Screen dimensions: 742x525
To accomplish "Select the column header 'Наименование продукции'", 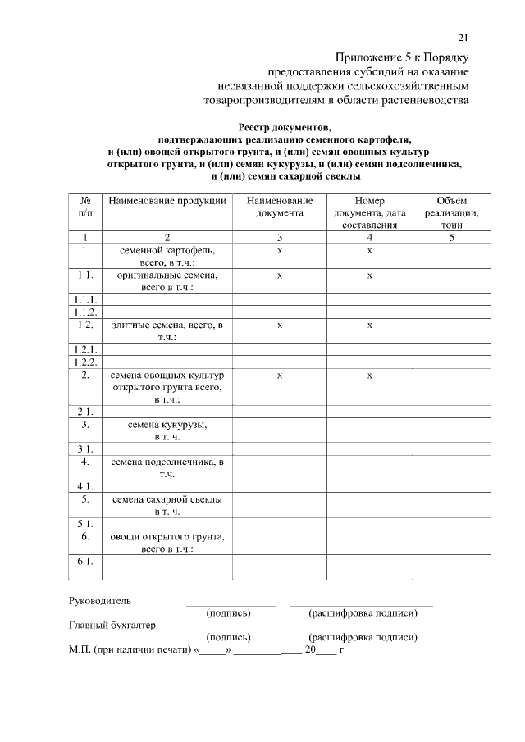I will (x=167, y=201).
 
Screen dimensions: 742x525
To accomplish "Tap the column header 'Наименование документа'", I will (x=279, y=207).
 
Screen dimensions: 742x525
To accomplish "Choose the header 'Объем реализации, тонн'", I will (x=452, y=212).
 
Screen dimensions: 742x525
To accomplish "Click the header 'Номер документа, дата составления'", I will (x=369, y=212).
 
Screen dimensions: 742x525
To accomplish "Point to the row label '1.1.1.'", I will (x=85, y=299).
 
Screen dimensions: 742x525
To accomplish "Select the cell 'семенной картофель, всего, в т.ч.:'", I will (x=167, y=255).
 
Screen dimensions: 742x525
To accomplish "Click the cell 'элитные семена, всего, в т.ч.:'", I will (x=167, y=330).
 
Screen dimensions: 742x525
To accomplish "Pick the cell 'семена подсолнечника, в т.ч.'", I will (x=167, y=468).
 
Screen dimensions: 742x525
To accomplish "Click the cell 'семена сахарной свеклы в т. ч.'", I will (x=167, y=505).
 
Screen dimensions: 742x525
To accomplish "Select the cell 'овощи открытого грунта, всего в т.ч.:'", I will (x=167, y=543).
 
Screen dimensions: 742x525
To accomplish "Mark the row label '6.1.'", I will (x=85, y=562).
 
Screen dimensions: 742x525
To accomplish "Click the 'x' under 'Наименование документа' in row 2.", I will (x=279, y=375).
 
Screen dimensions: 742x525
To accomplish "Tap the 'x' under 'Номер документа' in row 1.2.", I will (x=369, y=325).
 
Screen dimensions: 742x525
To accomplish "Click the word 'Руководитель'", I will (x=99, y=601).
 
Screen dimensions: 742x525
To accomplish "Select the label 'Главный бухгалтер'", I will (x=111, y=626).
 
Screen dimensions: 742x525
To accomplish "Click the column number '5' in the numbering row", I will (x=452, y=237).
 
